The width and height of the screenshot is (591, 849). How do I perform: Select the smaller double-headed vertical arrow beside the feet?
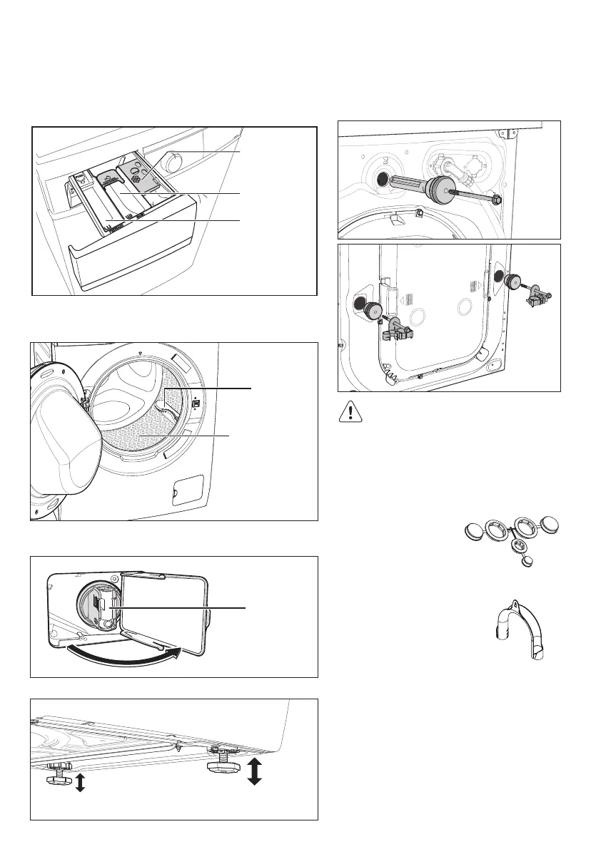coord(80,783)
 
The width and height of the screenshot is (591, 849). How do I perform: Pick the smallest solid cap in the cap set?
coord(528,561)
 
